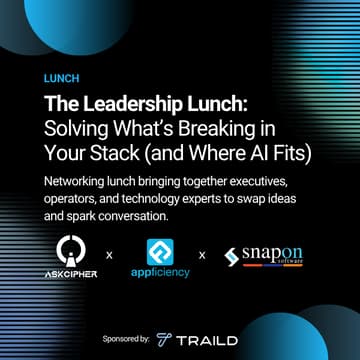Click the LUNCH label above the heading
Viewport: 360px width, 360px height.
pos(62,77)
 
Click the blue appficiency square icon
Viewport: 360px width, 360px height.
pos(160,251)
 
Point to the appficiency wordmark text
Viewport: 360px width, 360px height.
pos(160,273)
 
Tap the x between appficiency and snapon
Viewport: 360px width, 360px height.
pos(203,255)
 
